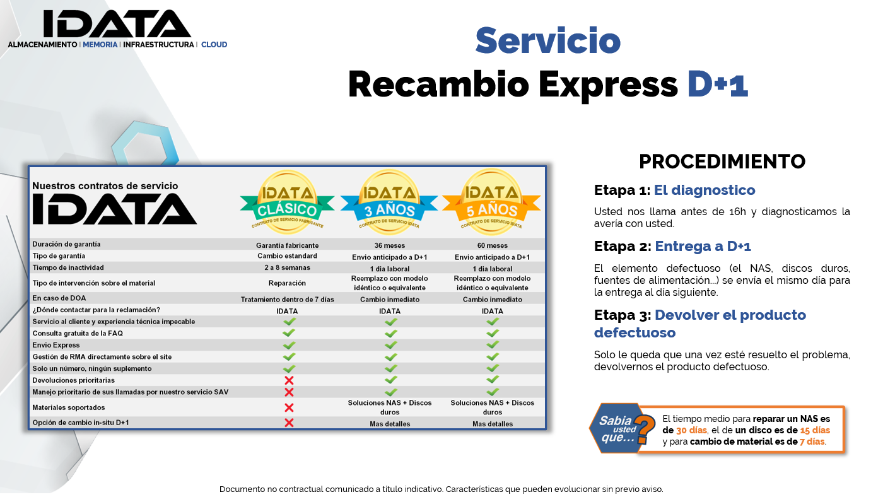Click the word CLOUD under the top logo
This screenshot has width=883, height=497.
(214, 45)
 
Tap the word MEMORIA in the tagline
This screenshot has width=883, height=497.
(100, 45)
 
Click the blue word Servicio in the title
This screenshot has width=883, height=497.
(548, 40)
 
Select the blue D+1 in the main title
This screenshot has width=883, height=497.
(718, 84)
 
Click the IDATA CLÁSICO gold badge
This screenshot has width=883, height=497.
(288, 201)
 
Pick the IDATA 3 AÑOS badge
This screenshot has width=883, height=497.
(389, 201)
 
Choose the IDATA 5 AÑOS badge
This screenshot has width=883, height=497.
(491, 201)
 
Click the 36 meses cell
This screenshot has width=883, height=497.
(390, 245)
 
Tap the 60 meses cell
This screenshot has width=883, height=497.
(493, 245)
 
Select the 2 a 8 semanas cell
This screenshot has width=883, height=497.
(288, 267)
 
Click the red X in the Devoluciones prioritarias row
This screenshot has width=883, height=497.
(289, 380)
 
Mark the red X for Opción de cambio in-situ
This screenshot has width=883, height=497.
(289, 423)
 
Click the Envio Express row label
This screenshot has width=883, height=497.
(56, 345)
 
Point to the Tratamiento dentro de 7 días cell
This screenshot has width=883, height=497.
(288, 300)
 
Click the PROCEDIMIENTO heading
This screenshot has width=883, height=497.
(722, 161)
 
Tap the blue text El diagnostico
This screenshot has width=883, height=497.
(705, 190)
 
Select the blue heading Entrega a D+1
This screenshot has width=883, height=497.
(703, 247)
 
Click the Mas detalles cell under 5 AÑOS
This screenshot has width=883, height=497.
(493, 424)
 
